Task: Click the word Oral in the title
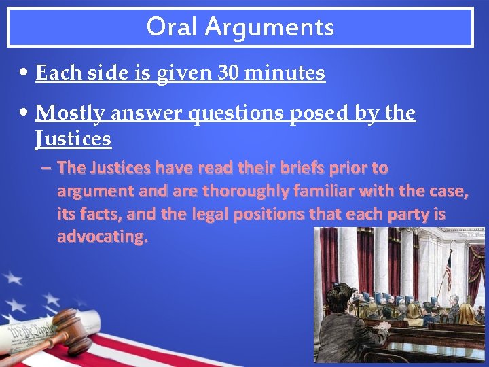coord(173,27)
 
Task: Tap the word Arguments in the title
coord(270,27)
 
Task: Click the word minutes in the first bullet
coord(286,73)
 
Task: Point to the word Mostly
coord(70,113)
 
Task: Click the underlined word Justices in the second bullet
coord(73,139)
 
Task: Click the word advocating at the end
coord(102,237)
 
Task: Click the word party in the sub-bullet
coord(409,214)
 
